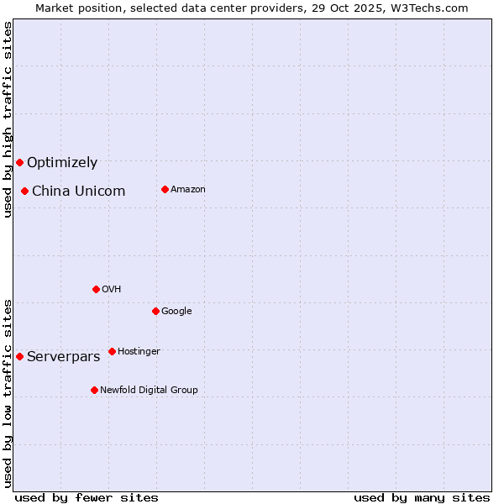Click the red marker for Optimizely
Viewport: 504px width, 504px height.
click(19, 162)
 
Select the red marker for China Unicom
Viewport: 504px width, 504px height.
click(24, 191)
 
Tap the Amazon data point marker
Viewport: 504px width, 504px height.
click(165, 189)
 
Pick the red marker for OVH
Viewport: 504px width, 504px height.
click(96, 289)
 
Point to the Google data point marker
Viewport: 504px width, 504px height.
click(155, 311)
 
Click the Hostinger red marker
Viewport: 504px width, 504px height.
click(112, 351)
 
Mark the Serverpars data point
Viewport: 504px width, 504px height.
click(19, 356)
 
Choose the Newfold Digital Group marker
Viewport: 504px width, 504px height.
click(94, 390)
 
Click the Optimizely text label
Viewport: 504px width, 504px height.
click(62, 163)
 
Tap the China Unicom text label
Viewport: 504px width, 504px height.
click(78, 192)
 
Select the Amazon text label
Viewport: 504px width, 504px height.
click(188, 190)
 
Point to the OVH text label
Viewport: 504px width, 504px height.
click(112, 290)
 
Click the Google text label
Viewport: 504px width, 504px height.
click(176, 312)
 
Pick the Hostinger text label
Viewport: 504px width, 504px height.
click(139, 352)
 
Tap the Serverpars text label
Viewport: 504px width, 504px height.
click(63, 357)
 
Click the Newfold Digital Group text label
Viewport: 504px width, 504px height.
click(149, 391)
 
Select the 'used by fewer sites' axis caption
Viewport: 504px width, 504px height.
click(87, 497)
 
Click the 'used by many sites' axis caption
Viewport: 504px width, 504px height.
click(422, 497)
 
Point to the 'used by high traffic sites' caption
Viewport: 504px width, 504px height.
click(8, 119)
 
